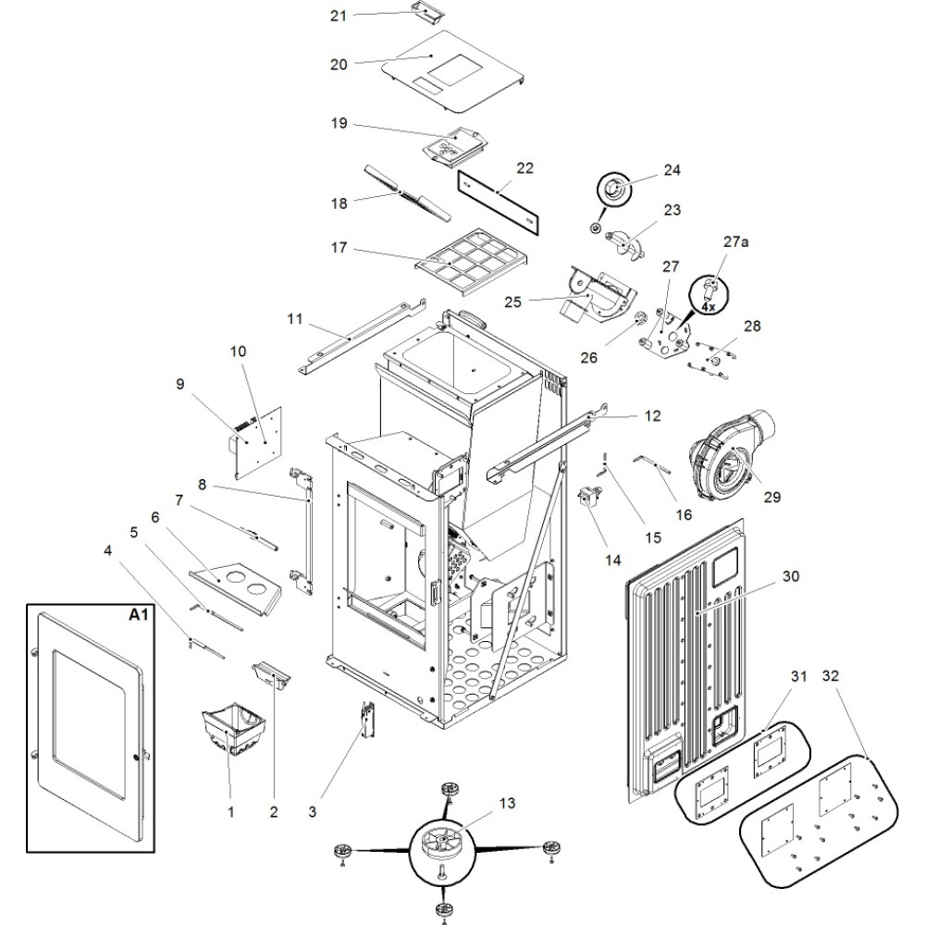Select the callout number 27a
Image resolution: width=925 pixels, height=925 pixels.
[735, 241]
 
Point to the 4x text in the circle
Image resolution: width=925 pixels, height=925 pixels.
[708, 305]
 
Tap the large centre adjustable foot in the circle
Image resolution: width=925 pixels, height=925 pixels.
[442, 846]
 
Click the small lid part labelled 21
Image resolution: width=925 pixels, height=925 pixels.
[425, 12]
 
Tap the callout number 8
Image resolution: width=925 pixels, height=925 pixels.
[201, 483]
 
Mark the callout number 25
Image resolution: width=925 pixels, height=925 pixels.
[514, 302]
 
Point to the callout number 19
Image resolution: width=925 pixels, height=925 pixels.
[338, 122]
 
